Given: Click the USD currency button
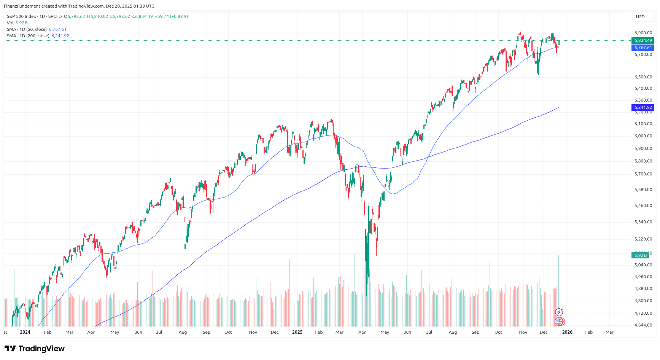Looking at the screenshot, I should pyautogui.click(x=641, y=17).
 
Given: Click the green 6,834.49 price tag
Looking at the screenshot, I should pyautogui.click(x=643, y=40).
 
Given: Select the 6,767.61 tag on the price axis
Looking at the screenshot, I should pyautogui.click(x=643, y=48).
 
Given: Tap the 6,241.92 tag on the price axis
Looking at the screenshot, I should pyautogui.click(x=643, y=107).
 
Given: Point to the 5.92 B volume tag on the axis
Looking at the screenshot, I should pyautogui.click(x=640, y=255).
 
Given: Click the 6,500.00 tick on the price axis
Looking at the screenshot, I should pyautogui.click(x=643, y=77).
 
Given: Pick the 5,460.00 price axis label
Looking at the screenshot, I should pyautogui.click(x=643, y=205).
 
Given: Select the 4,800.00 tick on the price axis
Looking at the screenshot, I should pyautogui.click(x=643, y=301).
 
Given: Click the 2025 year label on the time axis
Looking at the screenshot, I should pyautogui.click(x=297, y=332).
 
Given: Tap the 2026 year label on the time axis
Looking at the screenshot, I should pyautogui.click(x=567, y=332).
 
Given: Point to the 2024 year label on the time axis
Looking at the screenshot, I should pyautogui.click(x=25, y=332).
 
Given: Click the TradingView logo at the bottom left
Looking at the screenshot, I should pyautogui.click(x=35, y=349).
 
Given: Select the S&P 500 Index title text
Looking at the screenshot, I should pyautogui.click(x=21, y=16).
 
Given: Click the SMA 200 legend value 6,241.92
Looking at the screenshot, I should pyautogui.click(x=60, y=36).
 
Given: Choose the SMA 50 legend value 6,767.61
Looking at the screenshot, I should pyautogui.click(x=57, y=29).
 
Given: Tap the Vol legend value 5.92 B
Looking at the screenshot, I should pyautogui.click(x=22, y=23).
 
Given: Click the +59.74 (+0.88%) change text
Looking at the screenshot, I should pyautogui.click(x=171, y=16).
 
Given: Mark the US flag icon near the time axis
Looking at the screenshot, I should pyautogui.click(x=559, y=322).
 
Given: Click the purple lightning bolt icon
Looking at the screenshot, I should pyautogui.click(x=559, y=312).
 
